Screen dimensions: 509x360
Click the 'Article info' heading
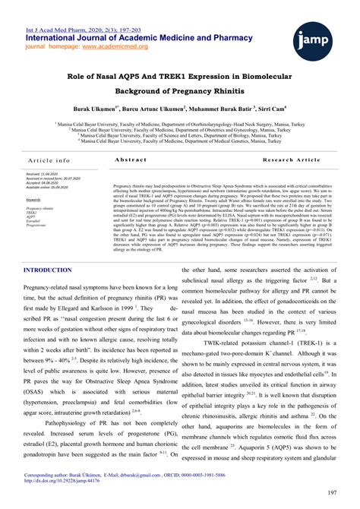pyautogui.click(x=49, y=160)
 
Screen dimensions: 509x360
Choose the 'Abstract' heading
pyautogui.click(x=130, y=160)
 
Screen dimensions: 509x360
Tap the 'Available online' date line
pyautogui.click(x=49, y=187)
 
